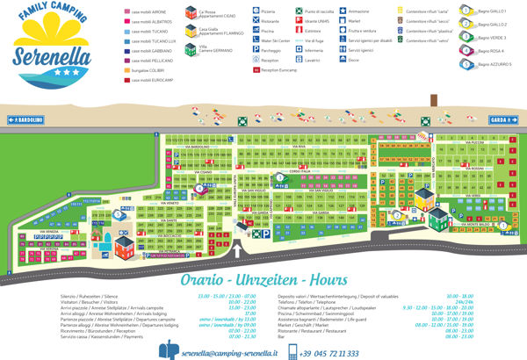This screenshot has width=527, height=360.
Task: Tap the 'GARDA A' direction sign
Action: coord(501,119)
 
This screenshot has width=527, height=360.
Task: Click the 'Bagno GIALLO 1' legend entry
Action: coord(502,13)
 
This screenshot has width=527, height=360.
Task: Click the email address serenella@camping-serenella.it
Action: coord(228,352)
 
